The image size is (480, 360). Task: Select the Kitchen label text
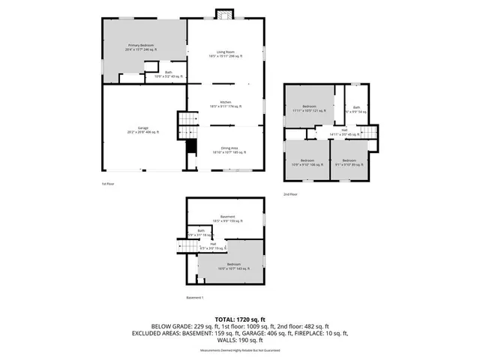(x=225, y=104)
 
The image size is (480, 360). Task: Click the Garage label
(x=142, y=130)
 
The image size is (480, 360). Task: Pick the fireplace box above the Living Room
(x=223, y=14)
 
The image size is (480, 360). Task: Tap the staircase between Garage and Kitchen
(x=184, y=124)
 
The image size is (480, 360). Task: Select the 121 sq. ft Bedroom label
(x=309, y=108)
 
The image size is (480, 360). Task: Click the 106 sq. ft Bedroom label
(x=307, y=163)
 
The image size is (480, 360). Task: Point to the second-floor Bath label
(x=356, y=109)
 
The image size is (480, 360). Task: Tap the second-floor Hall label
(x=344, y=133)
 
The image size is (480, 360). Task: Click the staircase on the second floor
(x=367, y=132)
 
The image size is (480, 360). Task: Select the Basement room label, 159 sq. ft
(x=227, y=219)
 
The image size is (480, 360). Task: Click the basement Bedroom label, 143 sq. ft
(x=234, y=265)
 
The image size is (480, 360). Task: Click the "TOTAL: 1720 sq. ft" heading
(x=240, y=319)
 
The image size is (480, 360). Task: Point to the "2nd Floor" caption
(x=290, y=194)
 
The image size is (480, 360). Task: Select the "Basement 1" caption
(x=195, y=298)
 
